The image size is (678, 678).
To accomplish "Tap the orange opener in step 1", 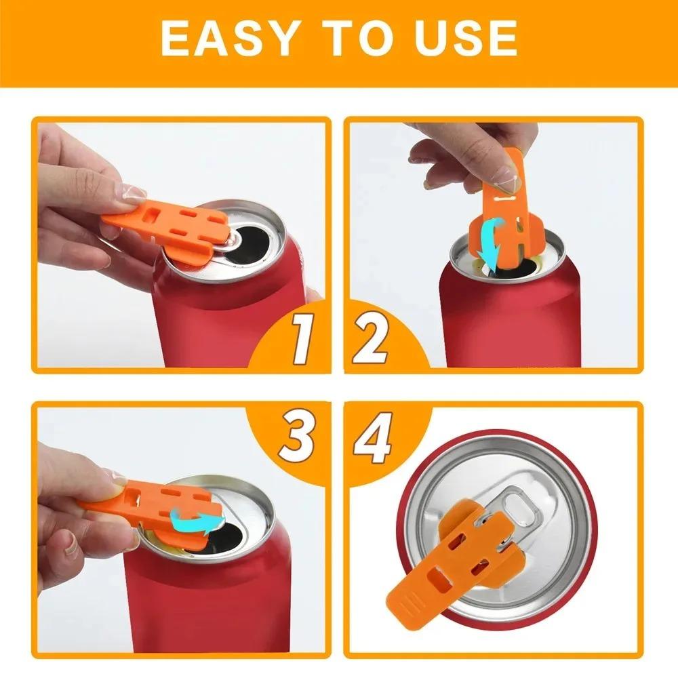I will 163,227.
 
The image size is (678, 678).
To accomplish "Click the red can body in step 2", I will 509,319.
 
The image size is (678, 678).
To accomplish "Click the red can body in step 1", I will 217,319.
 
